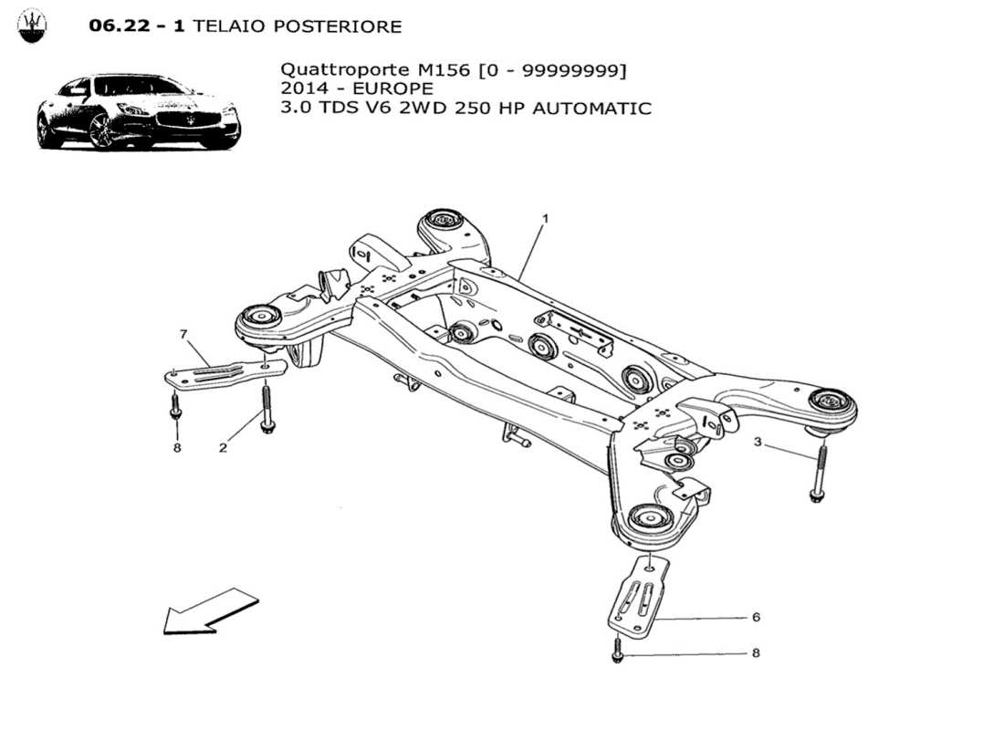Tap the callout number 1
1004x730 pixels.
point(545,219)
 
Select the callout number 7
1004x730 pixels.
point(183,335)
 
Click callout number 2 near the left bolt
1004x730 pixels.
point(223,447)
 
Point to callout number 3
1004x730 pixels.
point(758,443)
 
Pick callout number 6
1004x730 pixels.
point(756,617)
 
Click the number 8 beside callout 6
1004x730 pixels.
point(756,653)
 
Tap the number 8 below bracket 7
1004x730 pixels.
point(176,447)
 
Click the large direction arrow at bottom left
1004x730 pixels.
point(210,610)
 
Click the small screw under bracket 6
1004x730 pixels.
point(618,653)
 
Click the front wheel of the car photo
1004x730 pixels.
point(100,130)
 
